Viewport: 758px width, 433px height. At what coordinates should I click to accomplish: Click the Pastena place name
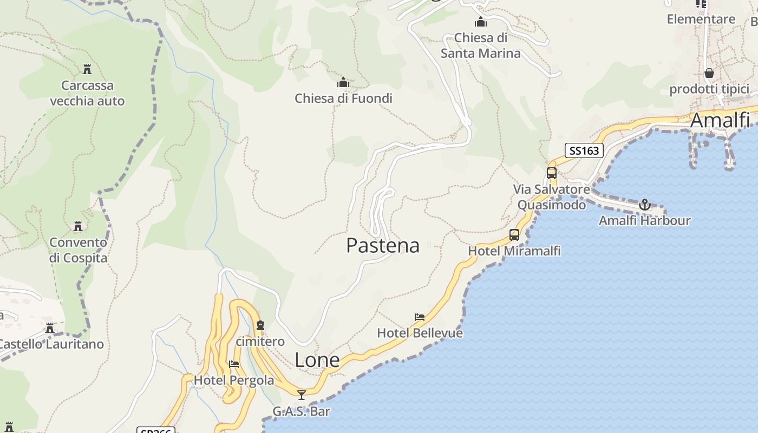click(383, 246)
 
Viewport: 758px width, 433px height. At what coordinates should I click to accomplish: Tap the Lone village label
click(317, 360)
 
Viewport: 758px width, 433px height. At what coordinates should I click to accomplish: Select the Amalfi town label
click(720, 120)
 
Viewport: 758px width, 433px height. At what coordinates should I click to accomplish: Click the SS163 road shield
click(584, 150)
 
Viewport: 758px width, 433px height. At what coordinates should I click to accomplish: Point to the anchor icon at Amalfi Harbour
click(644, 205)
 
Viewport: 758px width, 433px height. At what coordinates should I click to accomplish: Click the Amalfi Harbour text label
click(644, 220)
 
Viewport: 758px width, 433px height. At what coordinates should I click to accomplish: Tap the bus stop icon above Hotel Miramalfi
click(514, 235)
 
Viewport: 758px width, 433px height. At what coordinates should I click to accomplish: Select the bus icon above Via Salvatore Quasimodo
click(552, 173)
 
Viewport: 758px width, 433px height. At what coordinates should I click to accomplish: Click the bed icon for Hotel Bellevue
click(420, 317)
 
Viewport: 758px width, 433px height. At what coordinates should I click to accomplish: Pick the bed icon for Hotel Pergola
click(234, 364)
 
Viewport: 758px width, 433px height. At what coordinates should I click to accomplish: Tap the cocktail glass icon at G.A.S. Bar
click(302, 395)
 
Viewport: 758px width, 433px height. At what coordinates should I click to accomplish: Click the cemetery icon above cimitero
click(260, 325)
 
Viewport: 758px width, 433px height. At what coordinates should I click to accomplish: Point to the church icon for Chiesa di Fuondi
click(343, 82)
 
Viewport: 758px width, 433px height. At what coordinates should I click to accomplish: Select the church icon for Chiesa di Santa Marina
click(481, 22)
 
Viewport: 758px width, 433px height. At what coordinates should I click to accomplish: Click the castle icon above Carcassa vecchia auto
click(87, 69)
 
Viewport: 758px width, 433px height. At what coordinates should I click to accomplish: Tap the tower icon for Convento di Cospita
click(78, 226)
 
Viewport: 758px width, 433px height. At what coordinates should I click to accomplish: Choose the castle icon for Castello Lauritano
click(50, 328)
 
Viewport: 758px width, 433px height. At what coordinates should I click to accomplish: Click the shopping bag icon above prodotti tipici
click(709, 73)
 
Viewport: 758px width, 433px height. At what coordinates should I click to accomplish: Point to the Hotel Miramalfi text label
click(514, 251)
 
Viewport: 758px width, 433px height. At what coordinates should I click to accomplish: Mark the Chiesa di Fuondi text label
click(343, 99)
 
